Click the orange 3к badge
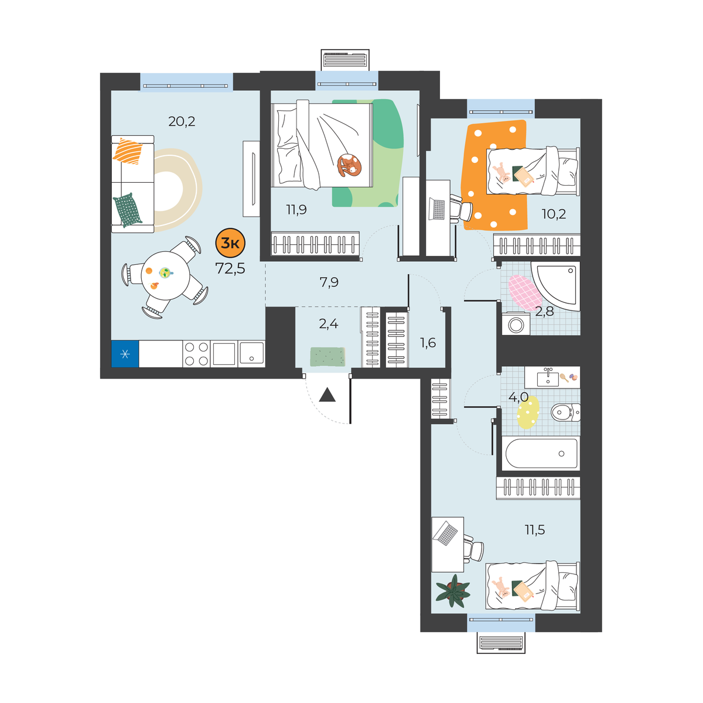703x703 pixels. click(230, 243)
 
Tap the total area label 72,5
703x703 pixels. click(230, 269)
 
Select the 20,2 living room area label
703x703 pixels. click(182, 121)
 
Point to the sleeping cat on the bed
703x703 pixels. click(349, 165)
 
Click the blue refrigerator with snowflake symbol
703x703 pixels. click(125, 353)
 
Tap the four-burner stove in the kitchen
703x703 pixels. click(196, 353)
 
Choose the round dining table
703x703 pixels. click(165, 275)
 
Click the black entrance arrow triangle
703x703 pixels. click(327, 395)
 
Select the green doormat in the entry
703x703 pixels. click(327, 356)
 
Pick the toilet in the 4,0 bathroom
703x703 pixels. click(565, 412)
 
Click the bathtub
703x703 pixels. click(541, 453)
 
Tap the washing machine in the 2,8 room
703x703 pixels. click(516, 323)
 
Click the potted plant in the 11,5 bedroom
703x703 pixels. click(453, 591)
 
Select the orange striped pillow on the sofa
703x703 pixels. click(128, 151)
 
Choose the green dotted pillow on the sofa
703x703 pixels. click(128, 210)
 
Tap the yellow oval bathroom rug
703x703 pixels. click(528, 412)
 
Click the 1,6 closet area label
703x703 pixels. click(428, 343)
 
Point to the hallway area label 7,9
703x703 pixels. click(329, 282)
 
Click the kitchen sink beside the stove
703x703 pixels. click(251, 353)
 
